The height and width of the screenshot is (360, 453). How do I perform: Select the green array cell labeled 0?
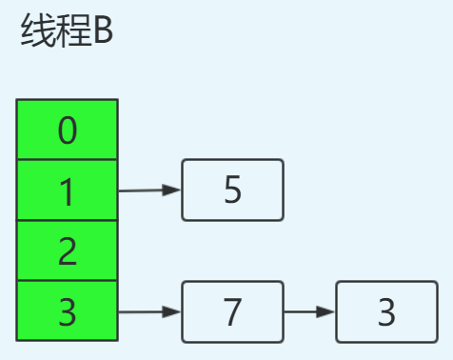pos(68,130)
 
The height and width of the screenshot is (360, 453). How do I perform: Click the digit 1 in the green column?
pos(68,191)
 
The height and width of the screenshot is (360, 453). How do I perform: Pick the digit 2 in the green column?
pos(68,251)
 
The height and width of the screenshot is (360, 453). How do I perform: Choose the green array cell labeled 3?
pos(68,310)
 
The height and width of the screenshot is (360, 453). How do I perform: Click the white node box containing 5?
pos(233,190)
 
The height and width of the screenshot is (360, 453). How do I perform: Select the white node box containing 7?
pos(233,310)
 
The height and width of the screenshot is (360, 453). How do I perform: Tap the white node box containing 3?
pos(386,310)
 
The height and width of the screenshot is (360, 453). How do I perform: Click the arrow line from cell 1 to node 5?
pos(143,190)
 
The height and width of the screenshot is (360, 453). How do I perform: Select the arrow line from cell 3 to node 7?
pos(143,311)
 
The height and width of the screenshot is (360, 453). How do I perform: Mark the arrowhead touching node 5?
pos(172,190)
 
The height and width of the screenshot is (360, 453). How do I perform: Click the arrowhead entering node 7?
pos(172,311)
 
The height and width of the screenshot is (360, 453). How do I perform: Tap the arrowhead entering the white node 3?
pos(326,311)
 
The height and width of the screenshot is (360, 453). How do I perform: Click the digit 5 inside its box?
pos(233,190)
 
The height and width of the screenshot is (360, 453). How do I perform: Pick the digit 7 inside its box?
pos(233,311)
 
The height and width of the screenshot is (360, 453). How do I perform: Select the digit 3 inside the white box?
pos(386,311)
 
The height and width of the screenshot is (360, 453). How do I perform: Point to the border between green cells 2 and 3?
pos(68,281)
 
